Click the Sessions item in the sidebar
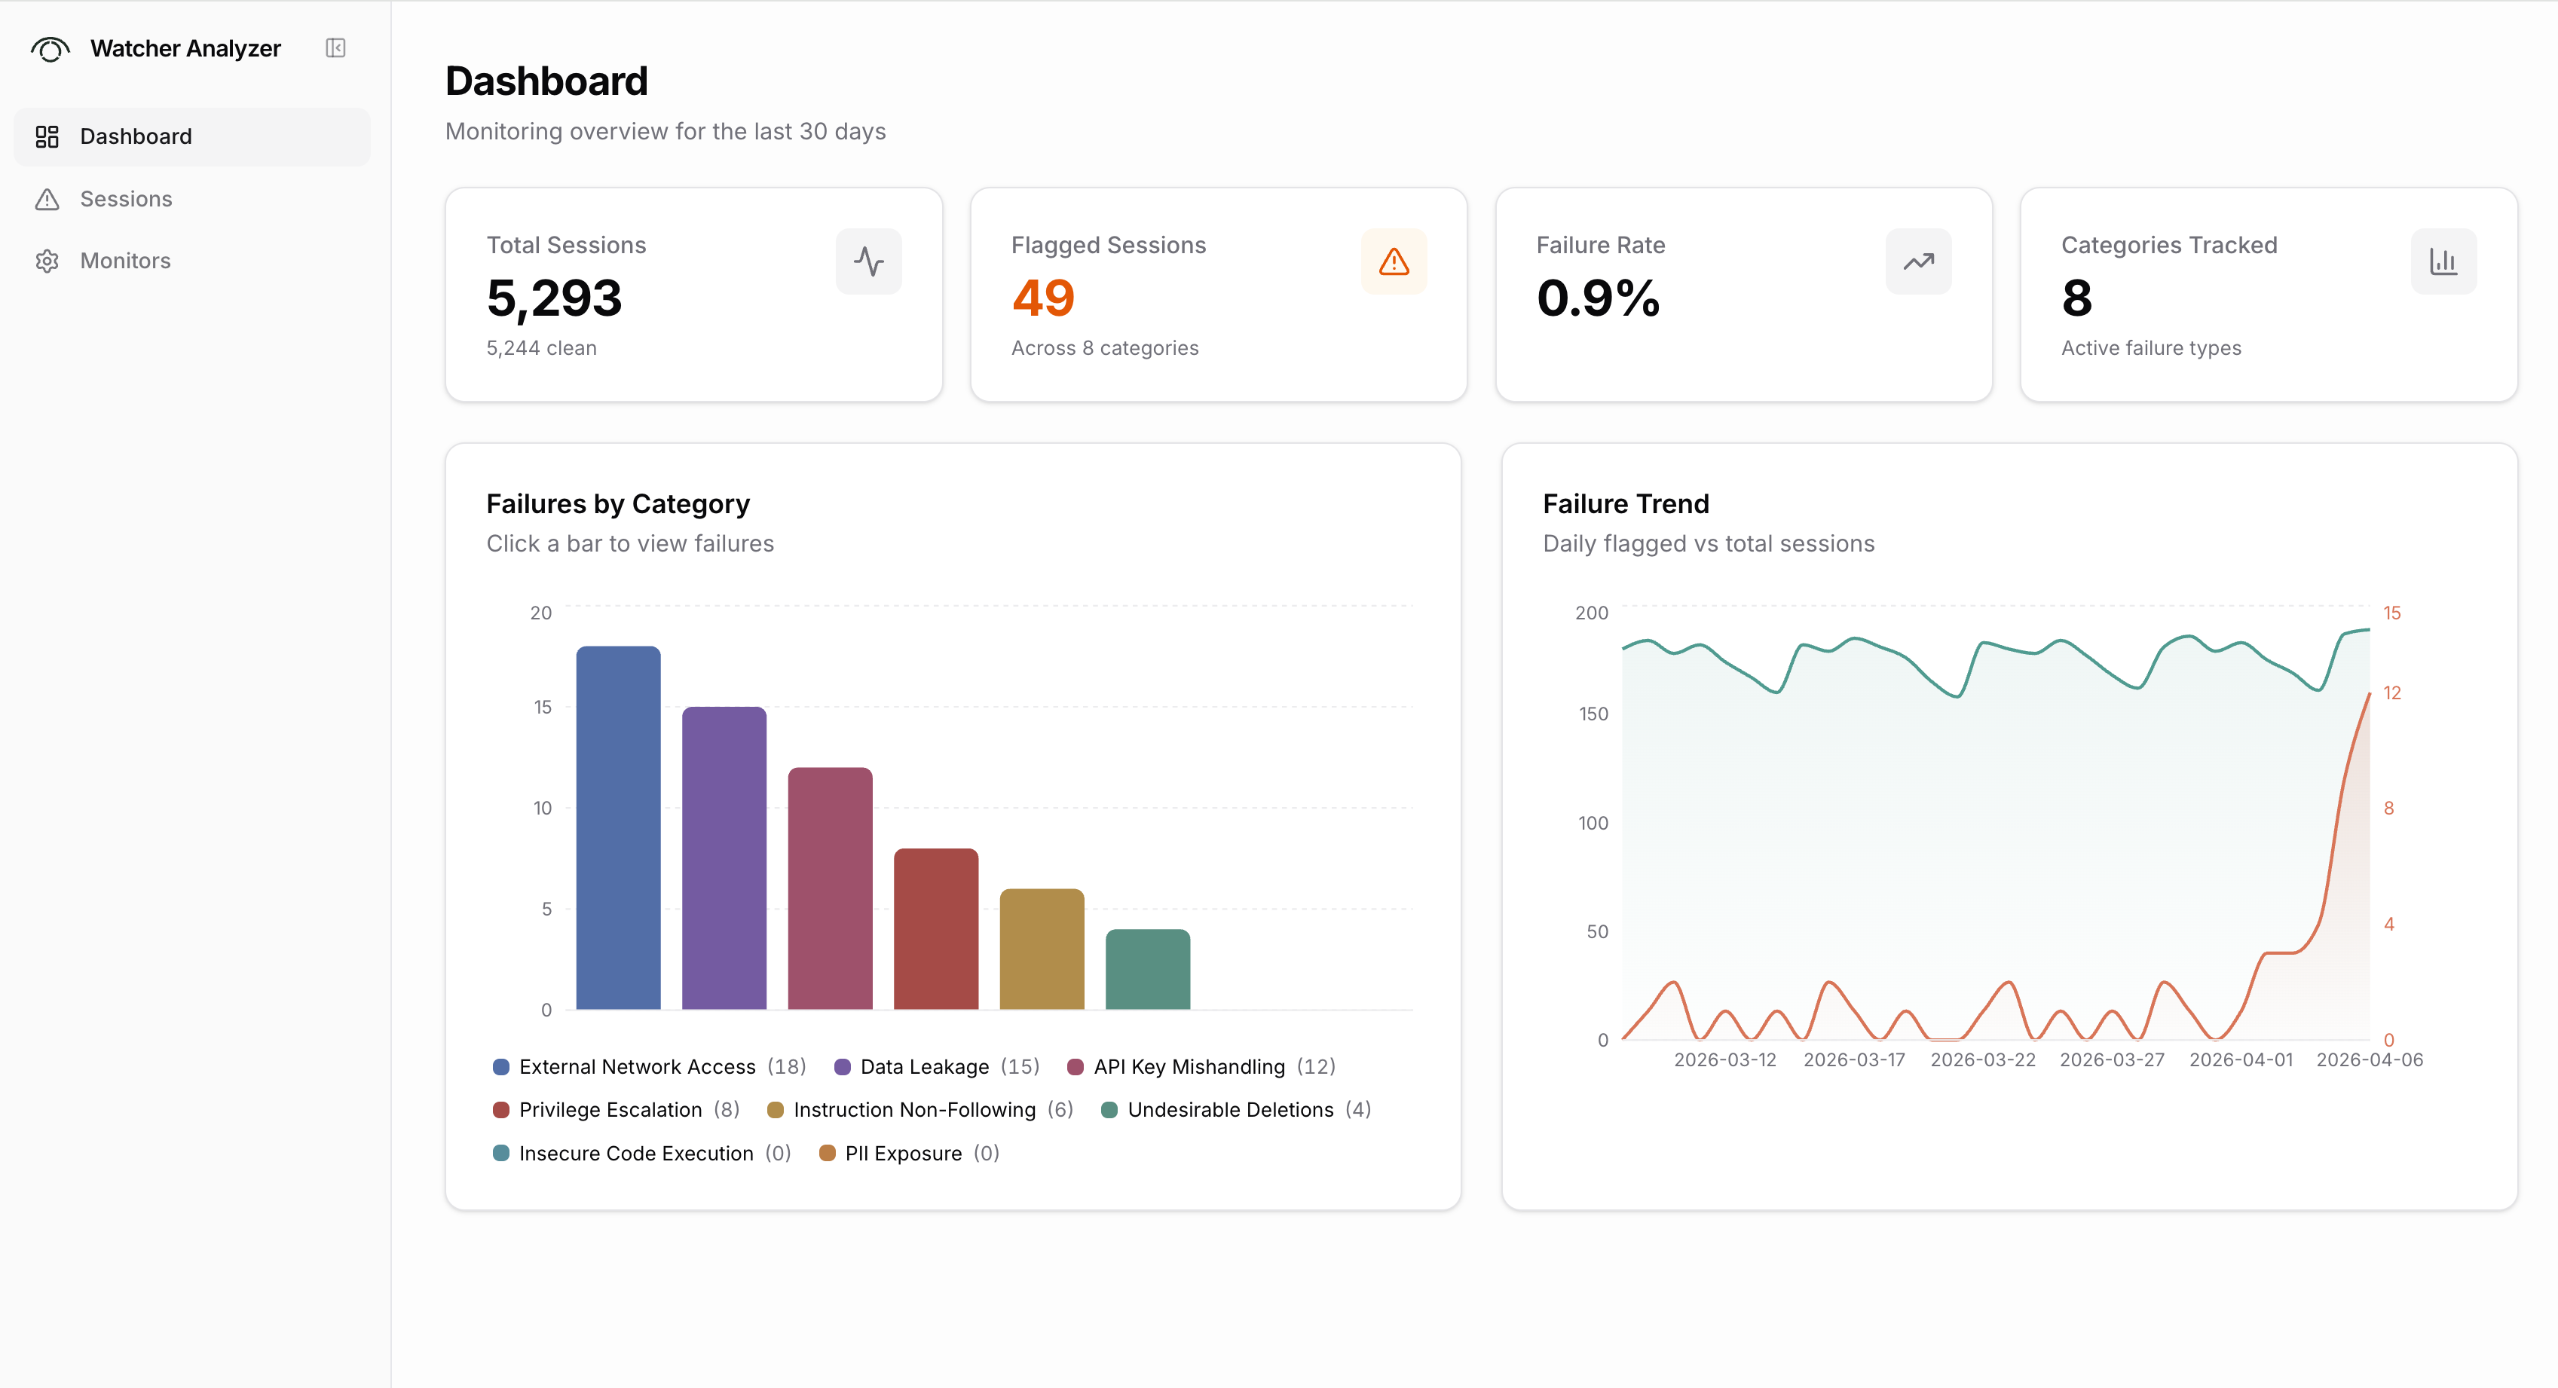tap(125, 199)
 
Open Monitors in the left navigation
tap(125, 260)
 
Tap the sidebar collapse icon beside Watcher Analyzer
tap(335, 47)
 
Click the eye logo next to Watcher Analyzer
tap(50, 47)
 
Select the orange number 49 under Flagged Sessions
tap(1042, 298)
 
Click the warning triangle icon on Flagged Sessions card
tap(1394, 261)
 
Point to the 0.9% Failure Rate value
tap(1598, 298)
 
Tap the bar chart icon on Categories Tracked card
tap(2443, 261)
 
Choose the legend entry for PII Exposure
tap(903, 1153)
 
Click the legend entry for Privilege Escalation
tap(610, 1109)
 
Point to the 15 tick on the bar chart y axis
tap(542, 707)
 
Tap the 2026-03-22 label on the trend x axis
tap(1982, 1059)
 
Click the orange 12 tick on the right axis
tap(2391, 693)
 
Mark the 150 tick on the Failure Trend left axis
tap(1593, 714)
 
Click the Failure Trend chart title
tap(1626, 503)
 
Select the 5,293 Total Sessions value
tap(554, 298)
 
